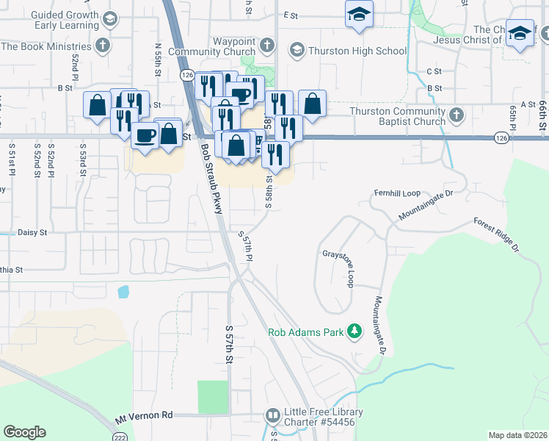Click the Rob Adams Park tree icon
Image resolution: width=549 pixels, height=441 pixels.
[x=355, y=331]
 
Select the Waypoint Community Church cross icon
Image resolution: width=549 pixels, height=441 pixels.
[x=266, y=46]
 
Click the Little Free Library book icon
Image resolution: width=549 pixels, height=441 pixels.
[x=272, y=416]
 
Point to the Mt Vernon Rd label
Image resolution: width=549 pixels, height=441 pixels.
[x=143, y=417]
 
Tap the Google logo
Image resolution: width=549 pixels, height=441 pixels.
[x=24, y=432]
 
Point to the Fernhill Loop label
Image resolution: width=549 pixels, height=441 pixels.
[x=397, y=193]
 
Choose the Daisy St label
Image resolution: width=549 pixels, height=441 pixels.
[x=32, y=232]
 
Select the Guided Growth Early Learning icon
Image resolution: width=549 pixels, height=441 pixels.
[x=110, y=18]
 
